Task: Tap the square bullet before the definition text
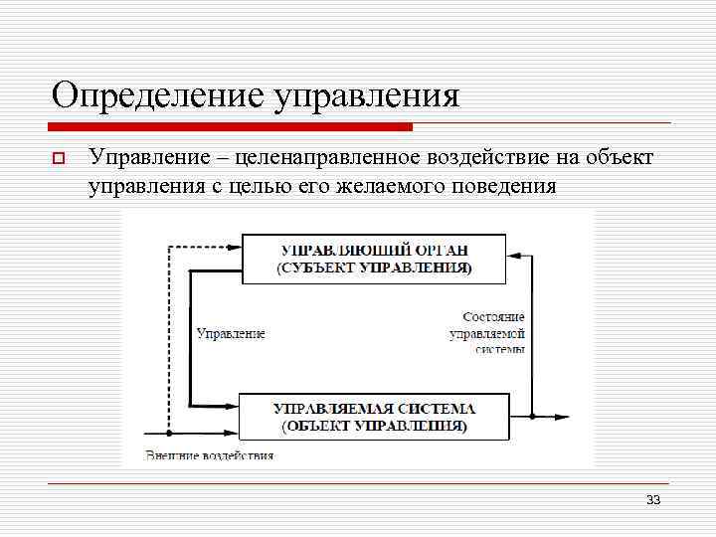point(59,158)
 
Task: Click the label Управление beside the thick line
point(231,334)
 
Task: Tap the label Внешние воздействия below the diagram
point(210,455)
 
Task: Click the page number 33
point(653,499)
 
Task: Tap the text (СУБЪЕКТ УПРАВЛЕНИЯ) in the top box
point(375,268)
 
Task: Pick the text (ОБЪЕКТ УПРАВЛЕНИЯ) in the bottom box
point(374,426)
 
